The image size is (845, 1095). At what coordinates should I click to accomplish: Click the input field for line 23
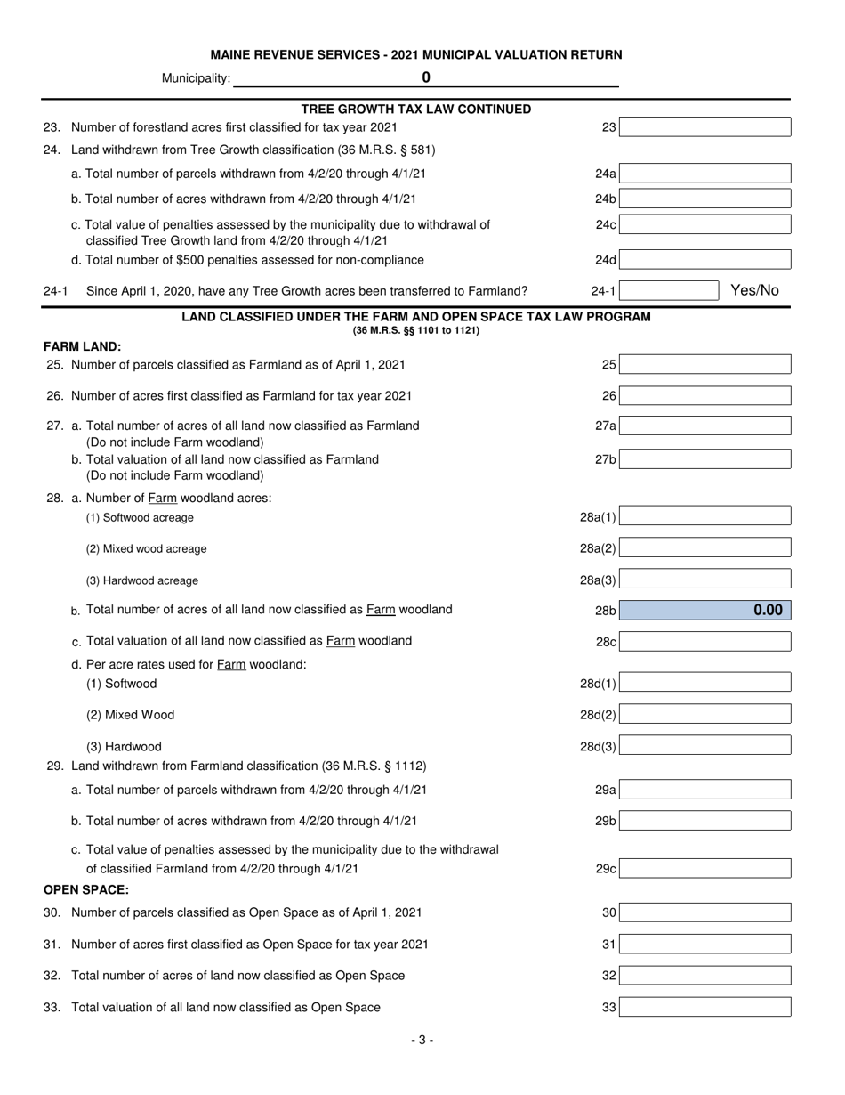click(704, 127)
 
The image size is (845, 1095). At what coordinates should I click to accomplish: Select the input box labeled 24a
click(704, 174)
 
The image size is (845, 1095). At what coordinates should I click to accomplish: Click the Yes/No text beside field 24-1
click(754, 290)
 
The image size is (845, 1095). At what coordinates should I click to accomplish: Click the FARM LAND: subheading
click(83, 346)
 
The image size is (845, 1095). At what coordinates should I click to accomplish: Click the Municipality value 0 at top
click(426, 77)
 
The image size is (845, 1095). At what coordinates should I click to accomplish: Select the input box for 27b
click(704, 459)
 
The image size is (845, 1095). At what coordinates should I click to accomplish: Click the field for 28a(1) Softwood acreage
click(704, 516)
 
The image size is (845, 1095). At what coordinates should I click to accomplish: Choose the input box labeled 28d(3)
click(704, 746)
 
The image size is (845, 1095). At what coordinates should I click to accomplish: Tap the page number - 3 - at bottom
click(422, 1040)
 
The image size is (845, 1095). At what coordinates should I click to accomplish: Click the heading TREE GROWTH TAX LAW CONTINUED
click(416, 109)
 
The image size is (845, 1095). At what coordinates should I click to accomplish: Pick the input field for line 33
click(704, 1007)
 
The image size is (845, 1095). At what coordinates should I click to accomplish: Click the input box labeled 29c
click(704, 868)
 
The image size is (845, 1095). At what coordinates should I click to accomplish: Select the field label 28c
click(606, 641)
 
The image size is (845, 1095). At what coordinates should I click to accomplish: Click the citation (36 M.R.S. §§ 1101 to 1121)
click(416, 331)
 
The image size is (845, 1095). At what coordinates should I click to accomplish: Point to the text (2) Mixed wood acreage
click(146, 548)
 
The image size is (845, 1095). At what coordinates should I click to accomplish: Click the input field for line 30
click(704, 912)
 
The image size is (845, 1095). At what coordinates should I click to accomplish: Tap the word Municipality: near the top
click(196, 78)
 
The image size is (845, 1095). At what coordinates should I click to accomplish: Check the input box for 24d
click(704, 260)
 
